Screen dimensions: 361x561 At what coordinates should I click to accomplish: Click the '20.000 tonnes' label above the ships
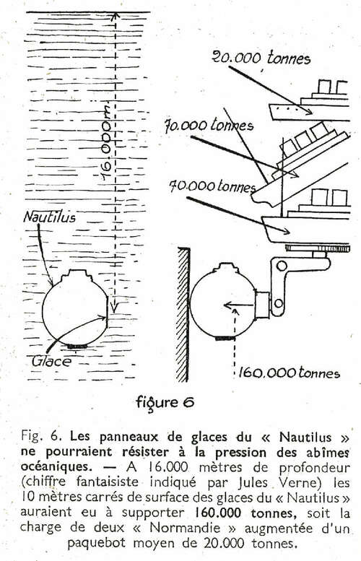(261, 58)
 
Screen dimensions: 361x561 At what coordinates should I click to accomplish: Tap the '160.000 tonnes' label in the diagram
(289, 373)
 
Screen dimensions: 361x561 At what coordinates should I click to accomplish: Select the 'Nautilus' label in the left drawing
(49, 217)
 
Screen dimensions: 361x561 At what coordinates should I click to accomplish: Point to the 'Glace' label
(51, 361)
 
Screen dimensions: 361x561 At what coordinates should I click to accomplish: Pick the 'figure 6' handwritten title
(165, 403)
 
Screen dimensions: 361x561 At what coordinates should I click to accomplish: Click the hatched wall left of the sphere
(183, 315)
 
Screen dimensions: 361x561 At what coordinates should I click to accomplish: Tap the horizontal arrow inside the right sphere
(239, 305)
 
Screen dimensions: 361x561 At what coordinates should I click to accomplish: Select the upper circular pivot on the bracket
(282, 266)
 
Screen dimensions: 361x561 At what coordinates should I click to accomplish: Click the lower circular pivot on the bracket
(278, 304)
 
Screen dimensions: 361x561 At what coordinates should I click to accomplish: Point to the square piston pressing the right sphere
(262, 305)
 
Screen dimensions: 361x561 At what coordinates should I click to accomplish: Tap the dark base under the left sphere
(77, 347)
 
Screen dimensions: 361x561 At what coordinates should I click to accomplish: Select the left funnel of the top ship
(323, 86)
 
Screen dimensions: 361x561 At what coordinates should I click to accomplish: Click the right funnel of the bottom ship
(339, 198)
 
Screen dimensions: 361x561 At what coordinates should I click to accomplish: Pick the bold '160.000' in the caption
(217, 513)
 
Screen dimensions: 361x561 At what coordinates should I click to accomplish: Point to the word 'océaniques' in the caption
(54, 467)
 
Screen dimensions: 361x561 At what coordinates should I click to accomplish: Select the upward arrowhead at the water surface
(115, 16)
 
